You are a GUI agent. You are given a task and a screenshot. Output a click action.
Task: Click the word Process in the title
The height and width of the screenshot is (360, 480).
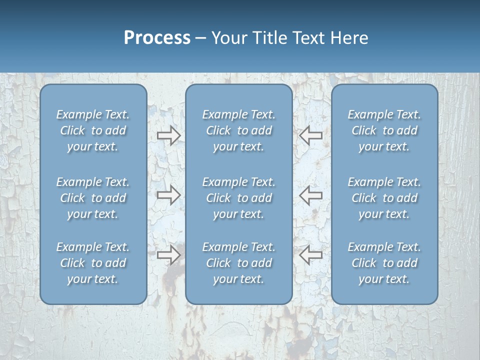[157, 38]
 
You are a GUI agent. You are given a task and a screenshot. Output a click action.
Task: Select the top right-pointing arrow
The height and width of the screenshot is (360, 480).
[168, 135]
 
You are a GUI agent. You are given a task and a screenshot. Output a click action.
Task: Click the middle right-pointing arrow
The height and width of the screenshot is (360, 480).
[168, 195]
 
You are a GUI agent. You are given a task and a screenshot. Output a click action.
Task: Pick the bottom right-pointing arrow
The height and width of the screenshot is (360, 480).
[168, 255]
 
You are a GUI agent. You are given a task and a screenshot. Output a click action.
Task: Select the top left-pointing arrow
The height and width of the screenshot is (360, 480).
[311, 135]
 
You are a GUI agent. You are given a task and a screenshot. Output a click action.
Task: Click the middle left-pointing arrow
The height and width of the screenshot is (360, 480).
[311, 195]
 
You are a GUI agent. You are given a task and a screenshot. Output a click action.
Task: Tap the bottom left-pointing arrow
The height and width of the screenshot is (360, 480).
[311, 255]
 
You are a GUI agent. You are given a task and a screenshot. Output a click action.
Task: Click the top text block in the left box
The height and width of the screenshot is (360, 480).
[93, 130]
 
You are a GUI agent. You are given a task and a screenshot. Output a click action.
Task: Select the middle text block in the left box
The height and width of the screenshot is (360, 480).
[93, 198]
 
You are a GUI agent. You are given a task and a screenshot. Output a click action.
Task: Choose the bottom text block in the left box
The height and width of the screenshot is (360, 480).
[93, 263]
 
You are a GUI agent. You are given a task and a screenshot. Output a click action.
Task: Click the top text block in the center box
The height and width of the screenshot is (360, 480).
[238, 130]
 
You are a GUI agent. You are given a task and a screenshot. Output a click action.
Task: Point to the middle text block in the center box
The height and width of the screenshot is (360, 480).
[238, 198]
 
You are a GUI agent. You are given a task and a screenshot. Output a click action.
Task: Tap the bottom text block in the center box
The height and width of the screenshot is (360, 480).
[238, 263]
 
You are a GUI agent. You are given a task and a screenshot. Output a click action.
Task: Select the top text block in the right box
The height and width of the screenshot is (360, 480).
[384, 130]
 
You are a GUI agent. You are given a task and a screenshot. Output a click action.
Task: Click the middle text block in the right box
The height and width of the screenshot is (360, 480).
[384, 198]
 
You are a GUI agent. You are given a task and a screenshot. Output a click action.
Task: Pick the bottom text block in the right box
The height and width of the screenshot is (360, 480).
[384, 263]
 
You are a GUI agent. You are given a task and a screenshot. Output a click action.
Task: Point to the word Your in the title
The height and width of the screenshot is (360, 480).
[228, 38]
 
